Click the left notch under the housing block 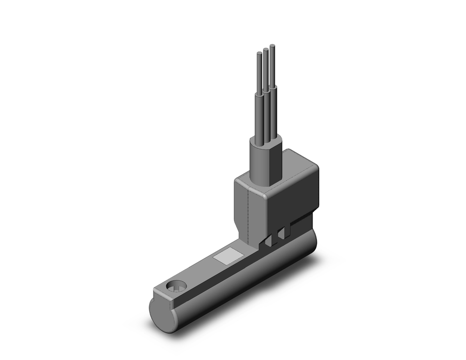tap(268, 241)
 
